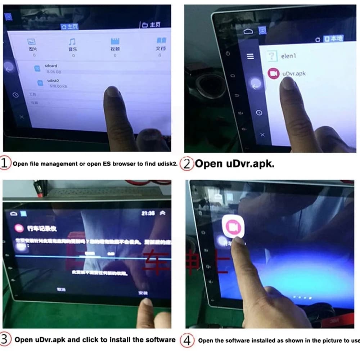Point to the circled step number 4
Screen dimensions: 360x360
click(x=187, y=340)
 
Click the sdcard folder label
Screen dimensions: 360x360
click(x=51, y=66)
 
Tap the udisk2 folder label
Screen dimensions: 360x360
click(x=53, y=81)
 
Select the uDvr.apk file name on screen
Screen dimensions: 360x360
click(x=294, y=73)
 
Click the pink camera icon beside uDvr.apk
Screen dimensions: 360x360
click(x=274, y=73)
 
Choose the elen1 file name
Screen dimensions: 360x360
click(x=289, y=56)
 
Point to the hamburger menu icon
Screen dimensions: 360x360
click(x=250, y=56)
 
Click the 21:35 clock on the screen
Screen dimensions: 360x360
click(x=148, y=213)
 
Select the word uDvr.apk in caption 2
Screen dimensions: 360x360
click(x=250, y=164)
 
